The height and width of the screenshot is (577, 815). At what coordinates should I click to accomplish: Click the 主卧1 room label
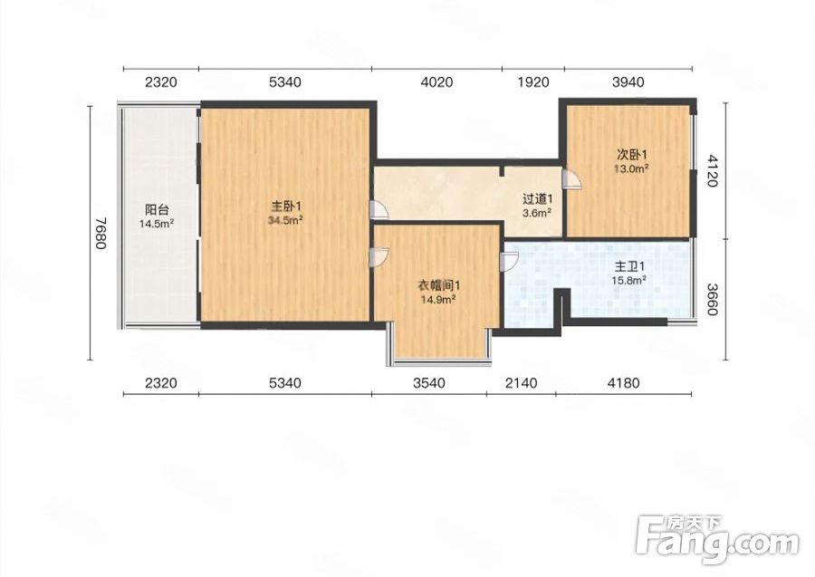pos(285,206)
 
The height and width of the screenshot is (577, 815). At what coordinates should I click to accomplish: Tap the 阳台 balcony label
pos(157,210)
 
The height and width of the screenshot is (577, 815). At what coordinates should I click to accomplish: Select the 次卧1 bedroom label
pos(631,155)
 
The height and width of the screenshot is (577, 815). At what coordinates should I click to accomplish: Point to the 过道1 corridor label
pos(537,199)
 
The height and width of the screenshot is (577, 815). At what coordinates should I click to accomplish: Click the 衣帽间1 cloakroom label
pos(438,285)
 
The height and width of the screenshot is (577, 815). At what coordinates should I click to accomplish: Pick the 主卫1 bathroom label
pos(629,266)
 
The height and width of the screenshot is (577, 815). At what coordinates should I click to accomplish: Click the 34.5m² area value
pos(285,220)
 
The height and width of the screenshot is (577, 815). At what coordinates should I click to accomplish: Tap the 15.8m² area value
pos(629,281)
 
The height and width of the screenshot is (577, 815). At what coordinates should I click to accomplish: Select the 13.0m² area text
pos(631,169)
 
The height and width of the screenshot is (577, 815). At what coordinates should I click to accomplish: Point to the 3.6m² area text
pos(537,213)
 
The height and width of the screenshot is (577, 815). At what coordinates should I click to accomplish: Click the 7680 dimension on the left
pos(101,233)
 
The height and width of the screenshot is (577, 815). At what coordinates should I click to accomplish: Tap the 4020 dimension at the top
pos(436,82)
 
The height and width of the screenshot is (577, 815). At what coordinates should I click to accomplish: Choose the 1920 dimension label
pos(533,82)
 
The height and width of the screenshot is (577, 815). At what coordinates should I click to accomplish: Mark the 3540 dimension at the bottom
pos(429,383)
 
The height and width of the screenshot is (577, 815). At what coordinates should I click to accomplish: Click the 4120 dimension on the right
pos(712,170)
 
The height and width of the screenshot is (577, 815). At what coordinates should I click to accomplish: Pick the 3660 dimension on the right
pos(712,300)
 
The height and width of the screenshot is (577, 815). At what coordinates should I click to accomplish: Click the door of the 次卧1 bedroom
pos(570,178)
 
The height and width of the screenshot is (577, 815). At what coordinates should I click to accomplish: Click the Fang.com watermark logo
pos(717,540)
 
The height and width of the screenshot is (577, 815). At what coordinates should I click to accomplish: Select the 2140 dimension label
pos(521,383)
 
